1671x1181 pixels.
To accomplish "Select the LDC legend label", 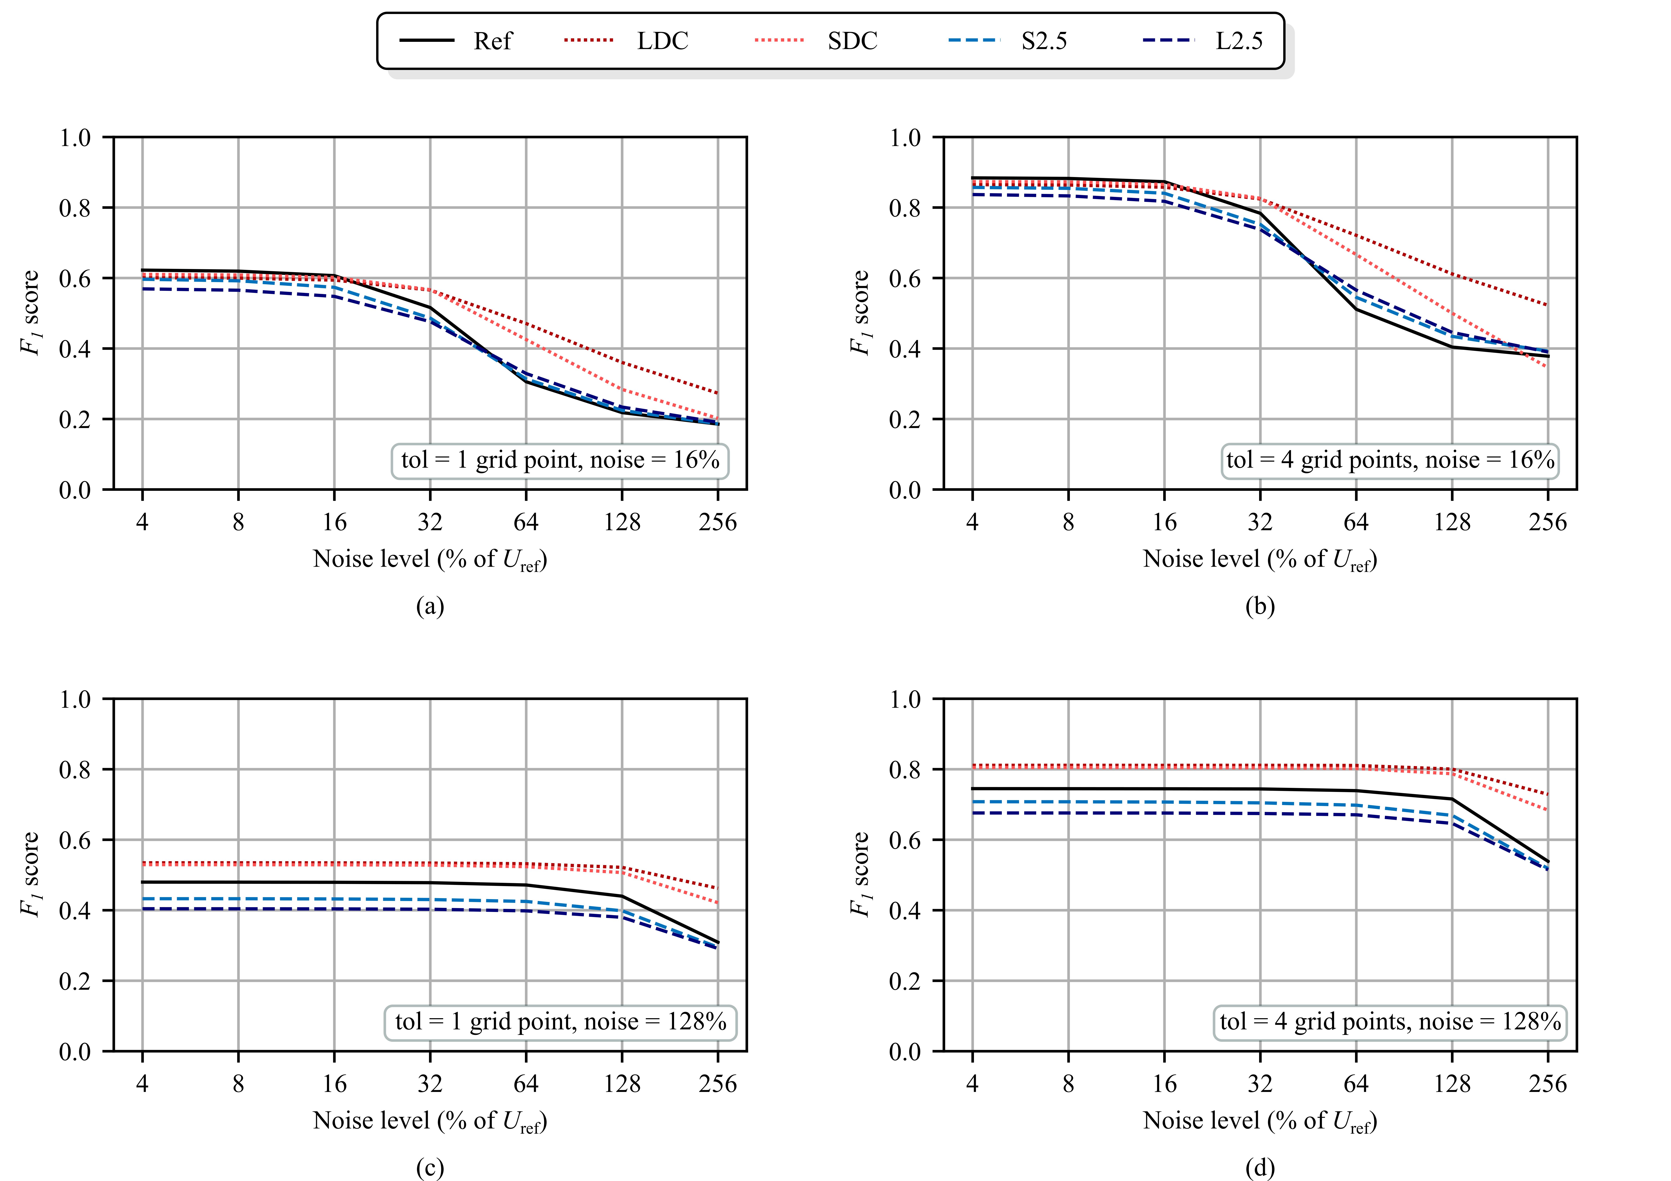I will point(662,41).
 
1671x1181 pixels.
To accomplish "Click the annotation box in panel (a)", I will point(560,460).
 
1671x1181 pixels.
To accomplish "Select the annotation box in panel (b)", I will point(1390,460).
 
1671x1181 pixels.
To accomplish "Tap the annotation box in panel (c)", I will point(560,1021).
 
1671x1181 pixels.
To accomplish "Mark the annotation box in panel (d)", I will point(1390,1021).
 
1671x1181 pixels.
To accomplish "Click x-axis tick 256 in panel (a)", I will point(718,522).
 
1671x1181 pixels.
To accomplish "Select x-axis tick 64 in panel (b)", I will point(1356,522).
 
